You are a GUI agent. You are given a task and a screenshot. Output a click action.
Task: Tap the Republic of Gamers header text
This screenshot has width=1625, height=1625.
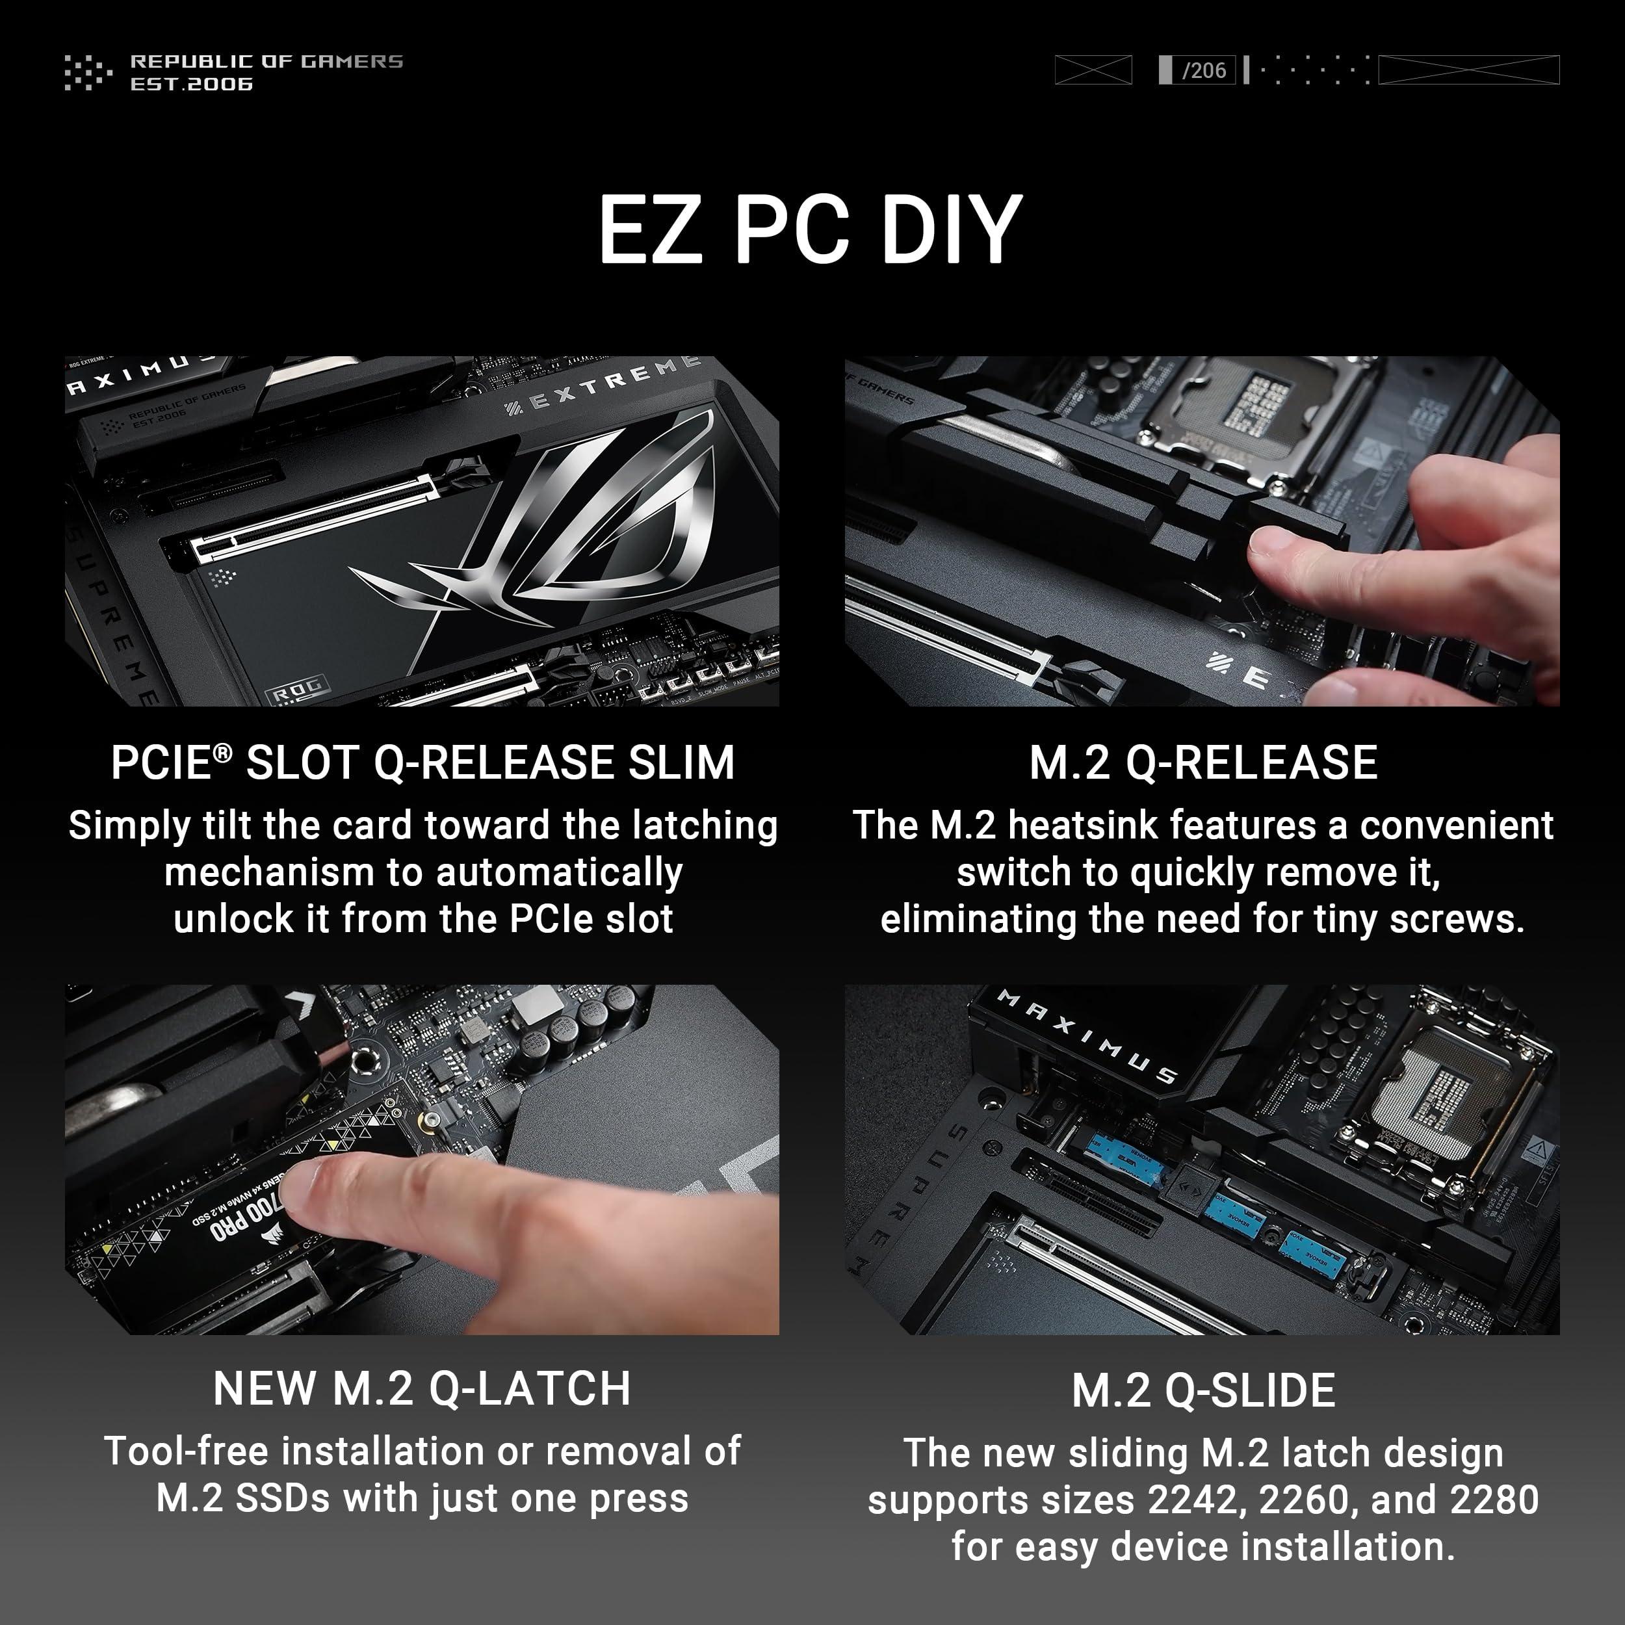click(266, 61)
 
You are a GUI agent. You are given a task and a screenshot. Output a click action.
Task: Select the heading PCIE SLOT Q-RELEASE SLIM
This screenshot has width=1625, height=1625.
click(423, 763)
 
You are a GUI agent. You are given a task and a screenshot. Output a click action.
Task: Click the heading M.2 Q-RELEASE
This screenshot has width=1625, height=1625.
click(1202, 763)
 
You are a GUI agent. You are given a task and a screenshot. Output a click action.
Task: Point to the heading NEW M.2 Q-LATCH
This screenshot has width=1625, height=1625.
click(422, 1388)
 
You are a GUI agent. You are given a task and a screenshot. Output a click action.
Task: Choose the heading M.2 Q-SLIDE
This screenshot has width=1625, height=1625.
click(1202, 1390)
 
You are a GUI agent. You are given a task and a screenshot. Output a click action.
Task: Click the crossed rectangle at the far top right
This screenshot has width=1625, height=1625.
click(1468, 70)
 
